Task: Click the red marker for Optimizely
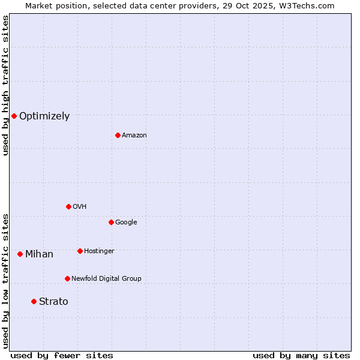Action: click(14, 116)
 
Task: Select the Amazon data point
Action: click(118, 135)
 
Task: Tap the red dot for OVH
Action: click(68, 206)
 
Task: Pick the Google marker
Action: click(111, 222)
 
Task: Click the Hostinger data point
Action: click(80, 251)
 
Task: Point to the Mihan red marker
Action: click(20, 254)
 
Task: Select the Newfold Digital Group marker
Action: click(67, 278)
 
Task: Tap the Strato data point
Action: click(34, 301)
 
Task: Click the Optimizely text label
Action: click(44, 116)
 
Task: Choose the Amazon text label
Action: click(134, 136)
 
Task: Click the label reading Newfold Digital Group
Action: click(106, 279)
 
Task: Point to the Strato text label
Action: click(53, 302)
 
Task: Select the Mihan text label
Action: click(39, 254)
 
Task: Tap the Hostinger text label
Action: click(99, 251)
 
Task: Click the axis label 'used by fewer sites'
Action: click(62, 356)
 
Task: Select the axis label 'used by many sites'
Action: click(301, 356)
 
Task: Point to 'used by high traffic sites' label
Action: click(5, 85)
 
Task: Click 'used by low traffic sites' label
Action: click(5, 280)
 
